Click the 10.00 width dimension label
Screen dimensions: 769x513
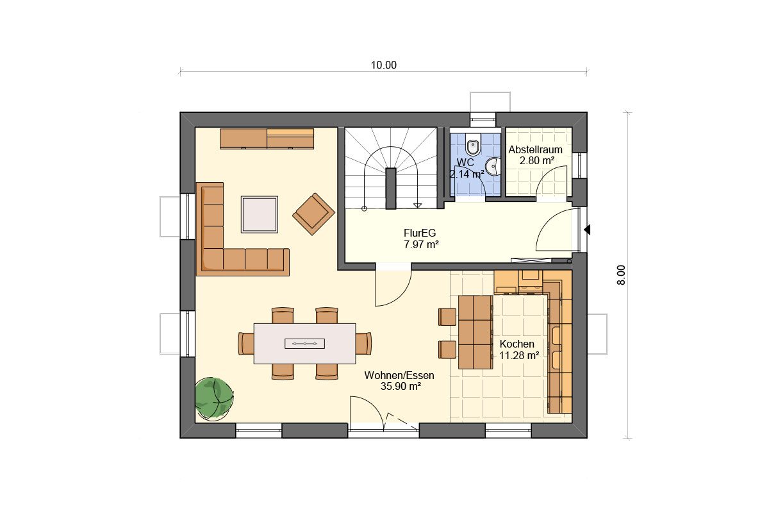coord(383,65)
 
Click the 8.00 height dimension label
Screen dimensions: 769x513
coord(621,275)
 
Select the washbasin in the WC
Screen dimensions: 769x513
coord(493,167)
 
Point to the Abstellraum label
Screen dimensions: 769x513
coord(535,150)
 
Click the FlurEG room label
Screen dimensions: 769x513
coord(420,233)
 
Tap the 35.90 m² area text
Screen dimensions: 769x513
coord(401,386)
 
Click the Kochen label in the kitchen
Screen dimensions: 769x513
coord(517,344)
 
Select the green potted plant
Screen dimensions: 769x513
coord(214,399)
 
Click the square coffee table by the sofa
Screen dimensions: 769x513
coord(259,214)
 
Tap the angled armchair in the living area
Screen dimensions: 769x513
coord(313,214)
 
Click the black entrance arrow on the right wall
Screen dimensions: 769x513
coord(587,230)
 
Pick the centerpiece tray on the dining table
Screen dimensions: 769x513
coord(304,343)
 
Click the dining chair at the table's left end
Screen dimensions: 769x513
coord(246,343)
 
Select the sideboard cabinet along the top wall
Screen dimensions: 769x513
coord(267,139)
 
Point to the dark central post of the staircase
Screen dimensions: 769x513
coord(391,189)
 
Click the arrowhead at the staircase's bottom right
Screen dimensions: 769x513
coord(417,205)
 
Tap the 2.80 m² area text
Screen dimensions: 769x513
coord(536,160)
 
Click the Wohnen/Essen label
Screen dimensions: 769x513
coord(399,375)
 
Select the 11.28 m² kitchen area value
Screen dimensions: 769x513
coord(518,355)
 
